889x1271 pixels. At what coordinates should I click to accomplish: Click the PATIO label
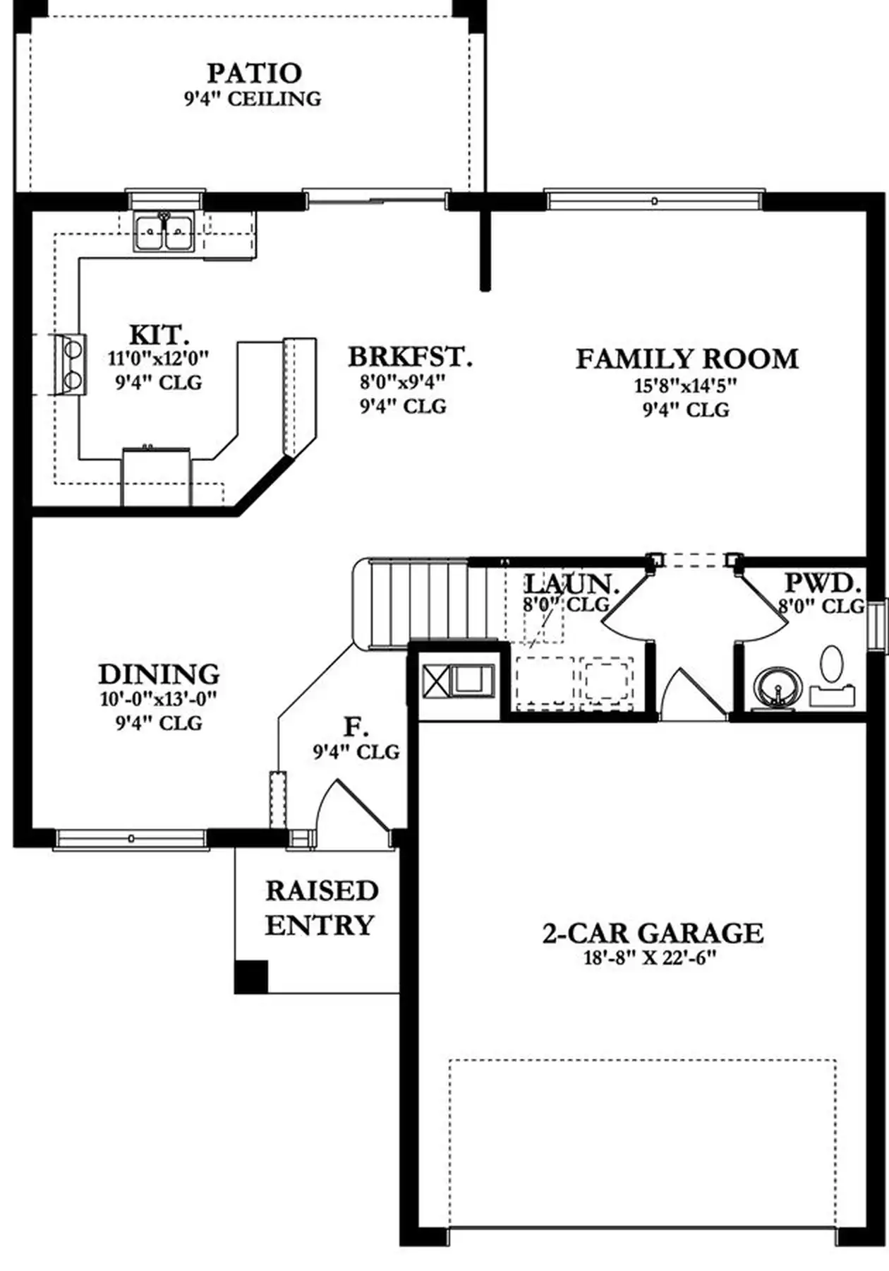point(255,73)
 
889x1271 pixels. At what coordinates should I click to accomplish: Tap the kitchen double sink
point(165,232)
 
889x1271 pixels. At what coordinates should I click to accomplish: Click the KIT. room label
point(159,334)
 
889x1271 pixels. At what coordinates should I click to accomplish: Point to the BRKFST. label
point(410,357)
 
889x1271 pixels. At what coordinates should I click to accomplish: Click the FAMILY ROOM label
point(687,359)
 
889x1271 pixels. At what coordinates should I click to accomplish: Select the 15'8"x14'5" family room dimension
point(684,386)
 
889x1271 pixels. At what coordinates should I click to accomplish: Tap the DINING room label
point(159,674)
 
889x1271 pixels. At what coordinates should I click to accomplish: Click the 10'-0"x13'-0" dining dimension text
point(158,699)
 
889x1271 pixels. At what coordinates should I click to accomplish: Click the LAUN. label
point(572,583)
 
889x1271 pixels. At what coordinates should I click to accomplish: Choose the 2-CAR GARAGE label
point(653,933)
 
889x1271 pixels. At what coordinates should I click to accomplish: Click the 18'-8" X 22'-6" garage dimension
point(651,958)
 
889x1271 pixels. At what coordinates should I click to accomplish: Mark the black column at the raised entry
point(251,977)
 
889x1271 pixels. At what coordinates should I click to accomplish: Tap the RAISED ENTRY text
point(321,907)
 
